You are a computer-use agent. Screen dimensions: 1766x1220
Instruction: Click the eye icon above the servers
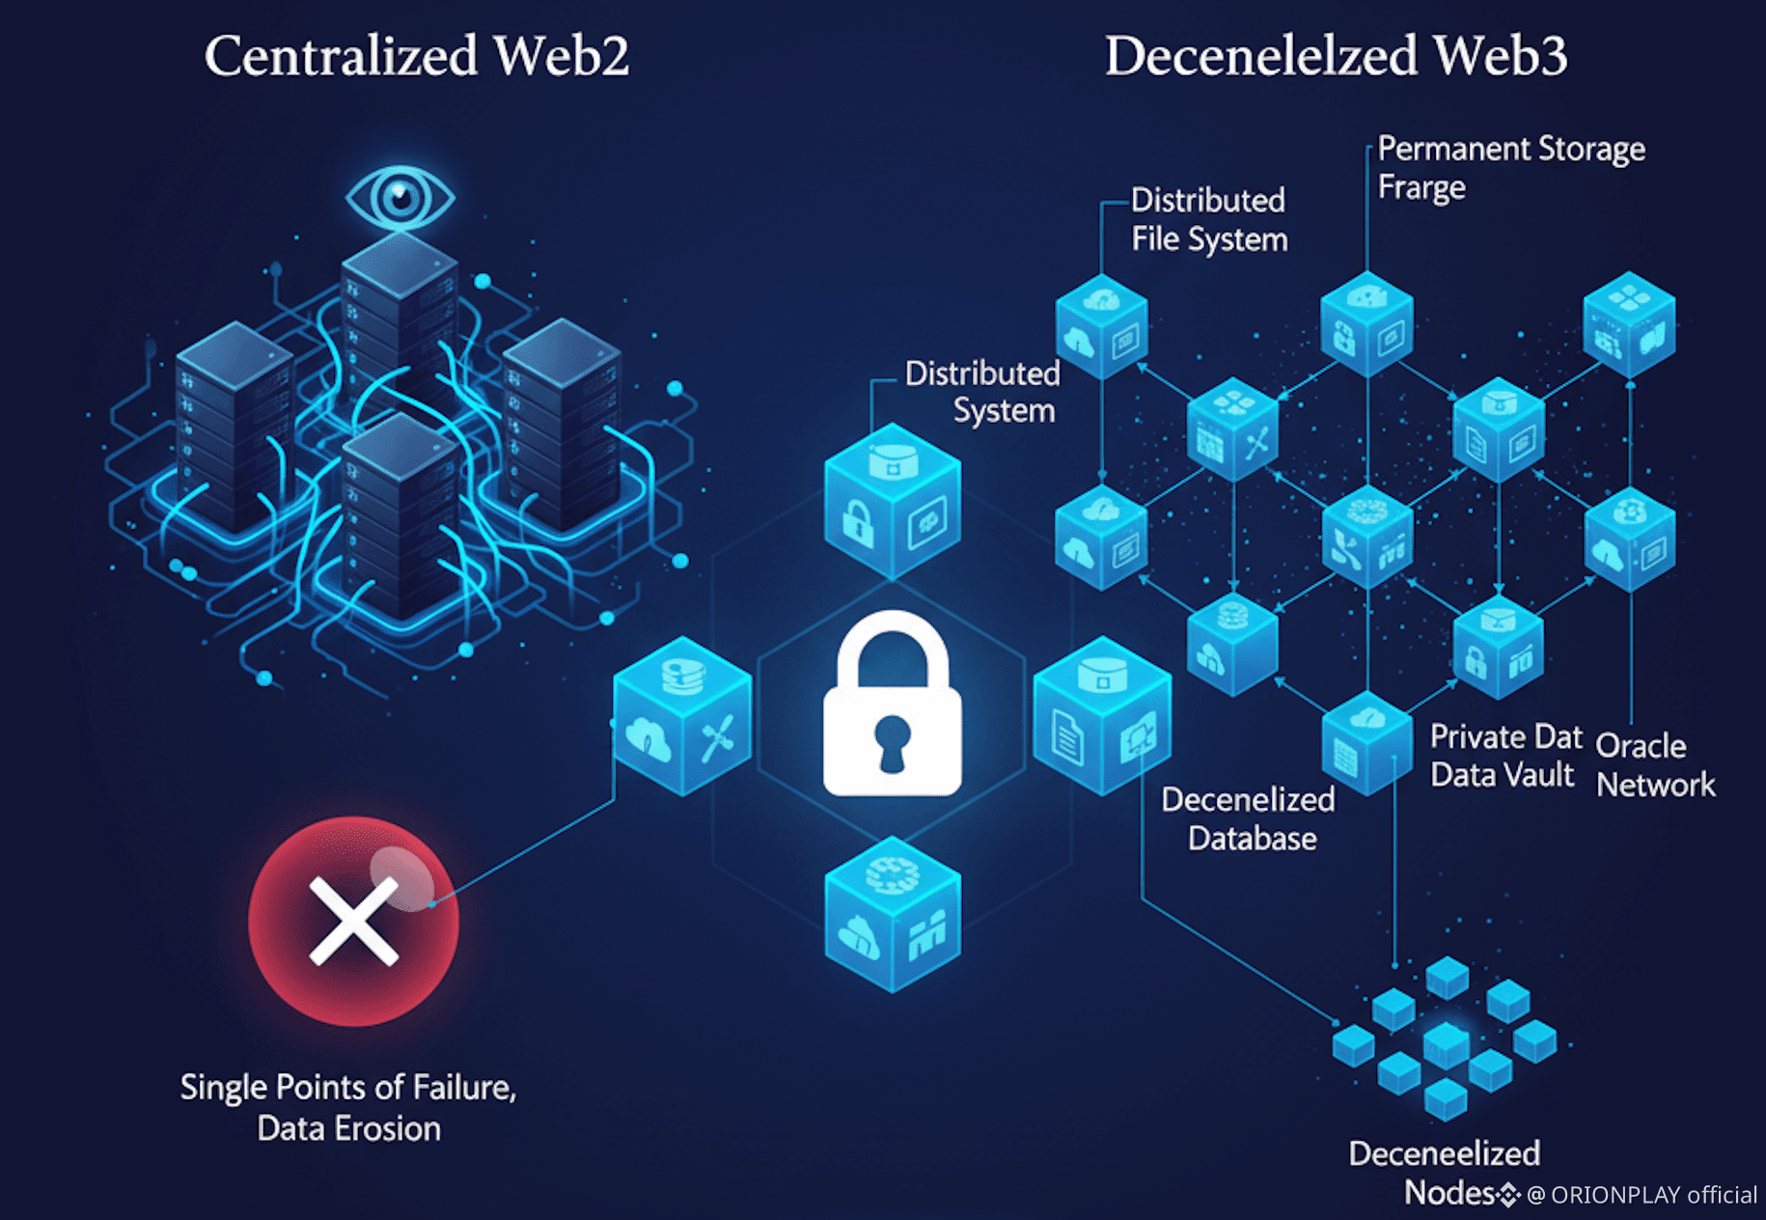400,198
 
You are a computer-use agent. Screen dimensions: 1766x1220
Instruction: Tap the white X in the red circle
353,921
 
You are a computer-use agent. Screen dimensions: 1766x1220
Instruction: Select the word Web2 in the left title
562,56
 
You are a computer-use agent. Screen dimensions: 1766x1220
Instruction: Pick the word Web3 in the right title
1501,56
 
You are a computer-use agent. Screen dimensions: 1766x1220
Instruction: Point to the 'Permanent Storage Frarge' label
1510,168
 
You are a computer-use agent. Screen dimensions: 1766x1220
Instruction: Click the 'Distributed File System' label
1208,220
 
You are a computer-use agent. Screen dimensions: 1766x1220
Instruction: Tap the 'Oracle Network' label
1655,765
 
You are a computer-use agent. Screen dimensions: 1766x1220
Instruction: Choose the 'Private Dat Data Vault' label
1504,756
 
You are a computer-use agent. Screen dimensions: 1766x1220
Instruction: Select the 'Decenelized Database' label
1250,818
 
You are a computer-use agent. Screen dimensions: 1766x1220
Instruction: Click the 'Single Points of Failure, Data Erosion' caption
348,1107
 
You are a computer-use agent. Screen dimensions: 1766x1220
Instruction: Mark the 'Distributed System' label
983,392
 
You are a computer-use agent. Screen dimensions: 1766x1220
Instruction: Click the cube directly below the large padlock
893,914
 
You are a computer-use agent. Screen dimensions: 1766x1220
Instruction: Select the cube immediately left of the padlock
682,715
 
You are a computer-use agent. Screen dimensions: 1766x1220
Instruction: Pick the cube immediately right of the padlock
1102,715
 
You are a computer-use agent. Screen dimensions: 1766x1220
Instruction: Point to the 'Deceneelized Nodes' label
1445,1172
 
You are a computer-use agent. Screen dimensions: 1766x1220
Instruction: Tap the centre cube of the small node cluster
1446,1045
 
